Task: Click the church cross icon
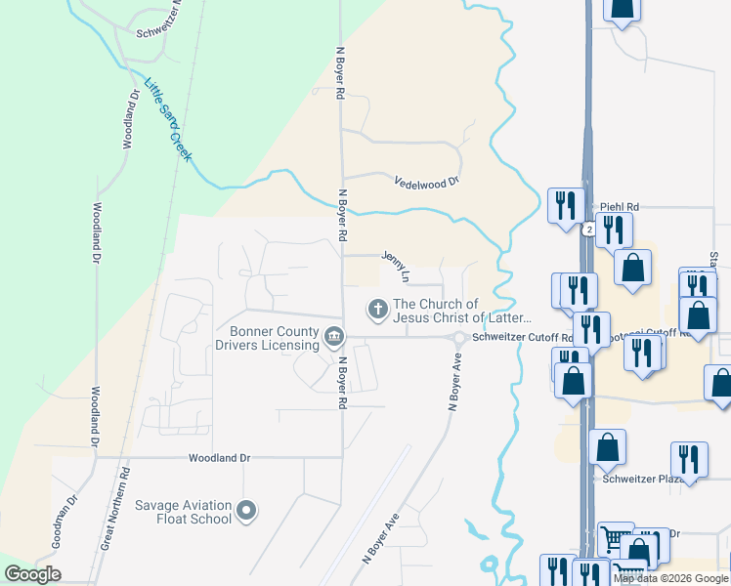coord(376,310)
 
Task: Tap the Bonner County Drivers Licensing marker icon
coord(333,338)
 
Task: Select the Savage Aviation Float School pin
coord(246,510)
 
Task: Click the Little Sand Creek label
coord(168,120)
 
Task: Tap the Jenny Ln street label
coord(396,265)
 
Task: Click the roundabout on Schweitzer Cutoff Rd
coord(457,338)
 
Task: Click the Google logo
coord(33,573)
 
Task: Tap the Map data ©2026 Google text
coord(671,578)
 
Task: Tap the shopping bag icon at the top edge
coord(622,9)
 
